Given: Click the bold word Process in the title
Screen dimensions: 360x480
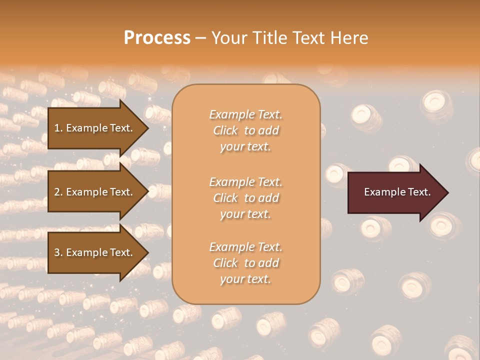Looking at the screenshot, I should click(157, 38).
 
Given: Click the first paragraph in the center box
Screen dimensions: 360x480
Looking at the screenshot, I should click(245, 130).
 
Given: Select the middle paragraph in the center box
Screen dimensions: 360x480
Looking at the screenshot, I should click(245, 197).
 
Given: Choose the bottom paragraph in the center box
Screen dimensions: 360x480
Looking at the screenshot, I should click(245, 263).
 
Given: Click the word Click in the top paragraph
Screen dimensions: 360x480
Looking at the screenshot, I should click(225, 130).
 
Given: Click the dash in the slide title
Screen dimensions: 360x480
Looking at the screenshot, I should click(200, 38).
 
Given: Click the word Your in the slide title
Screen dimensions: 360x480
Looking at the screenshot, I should click(227, 38).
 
